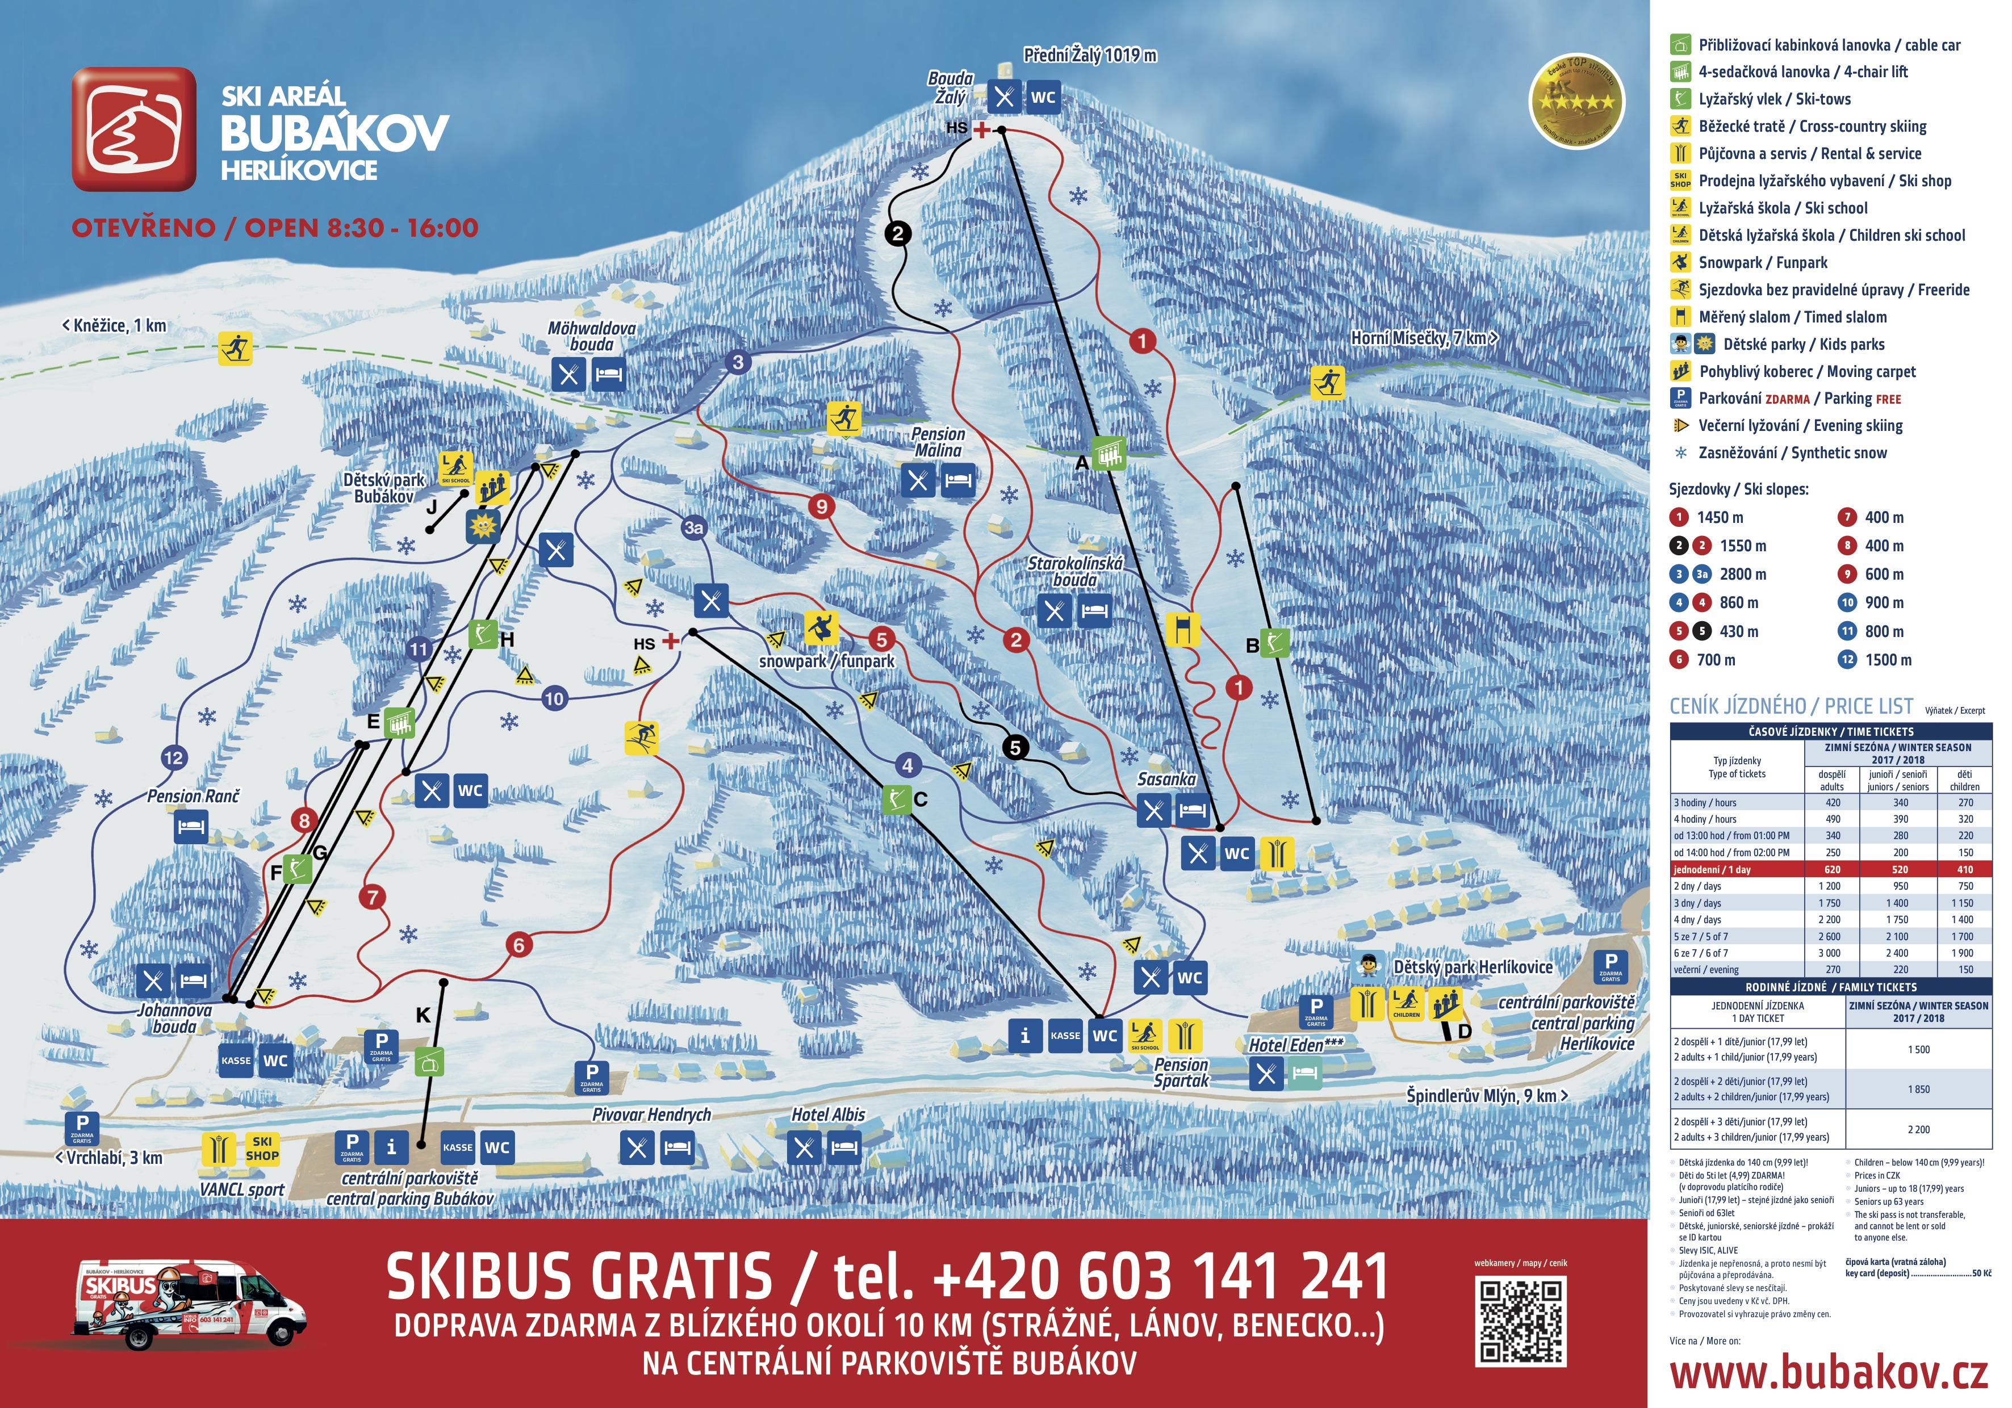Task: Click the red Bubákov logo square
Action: pos(134,129)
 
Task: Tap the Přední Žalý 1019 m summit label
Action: pos(1089,55)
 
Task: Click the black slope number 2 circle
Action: pos(897,233)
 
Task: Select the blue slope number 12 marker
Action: pos(174,758)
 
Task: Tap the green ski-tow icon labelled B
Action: pos(1275,642)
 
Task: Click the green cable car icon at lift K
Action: pos(429,1062)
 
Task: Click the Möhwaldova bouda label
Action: pos(592,336)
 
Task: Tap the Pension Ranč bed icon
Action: pos(191,826)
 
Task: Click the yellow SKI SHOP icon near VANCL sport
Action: pos(261,1148)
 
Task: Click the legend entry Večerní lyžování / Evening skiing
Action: pos(1800,426)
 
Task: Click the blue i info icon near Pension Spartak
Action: pos(1024,1036)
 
